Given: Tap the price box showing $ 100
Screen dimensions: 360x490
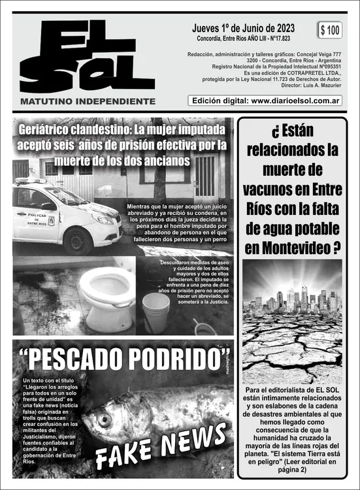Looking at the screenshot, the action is coord(331,29).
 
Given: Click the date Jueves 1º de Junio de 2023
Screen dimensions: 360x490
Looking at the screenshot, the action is coord(243,28).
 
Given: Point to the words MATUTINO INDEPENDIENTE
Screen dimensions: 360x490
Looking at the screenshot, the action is coord(88,101).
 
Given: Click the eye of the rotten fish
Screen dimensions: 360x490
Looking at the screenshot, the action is coord(105,418).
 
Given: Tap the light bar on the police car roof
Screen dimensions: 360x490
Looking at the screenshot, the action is coord(31,181).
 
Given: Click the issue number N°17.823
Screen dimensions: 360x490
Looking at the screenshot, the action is coord(278,38).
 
